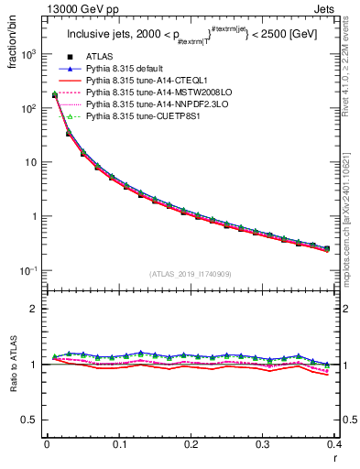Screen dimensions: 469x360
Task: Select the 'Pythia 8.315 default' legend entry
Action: [128, 69]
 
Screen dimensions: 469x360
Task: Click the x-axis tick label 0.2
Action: [191, 445]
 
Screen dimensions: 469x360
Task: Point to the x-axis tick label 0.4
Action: [333, 445]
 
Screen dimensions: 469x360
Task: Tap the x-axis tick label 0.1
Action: [119, 445]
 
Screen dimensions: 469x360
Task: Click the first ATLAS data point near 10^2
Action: [55, 94]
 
